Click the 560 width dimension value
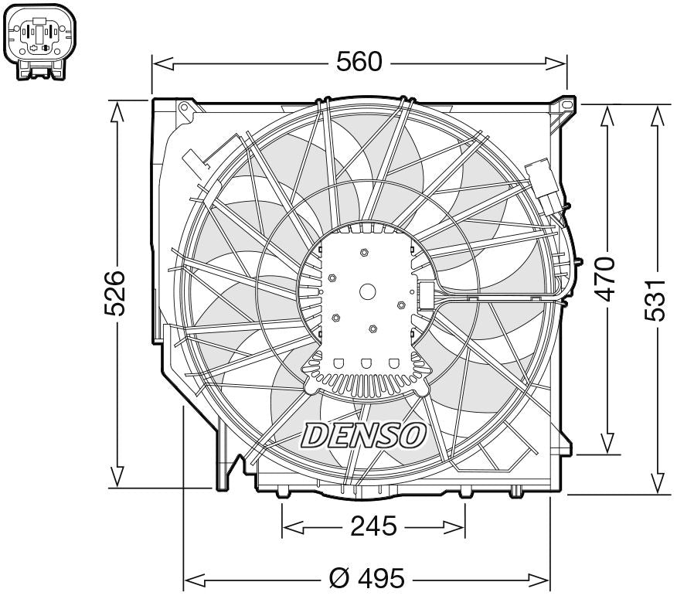pyautogui.click(x=359, y=62)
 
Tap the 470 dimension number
pyautogui.click(x=607, y=278)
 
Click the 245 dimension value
pyautogui.click(x=373, y=527)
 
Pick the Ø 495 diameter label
pyautogui.click(x=366, y=577)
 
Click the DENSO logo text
pyautogui.click(x=363, y=435)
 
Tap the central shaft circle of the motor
pyautogui.click(x=367, y=291)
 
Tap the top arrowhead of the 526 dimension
pyautogui.click(x=117, y=113)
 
